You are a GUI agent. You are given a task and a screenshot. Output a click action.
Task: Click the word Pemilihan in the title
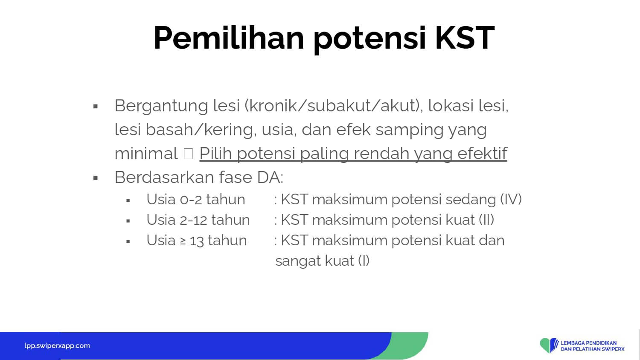[x=229, y=38]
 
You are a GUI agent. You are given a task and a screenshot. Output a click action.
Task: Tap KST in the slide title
[x=465, y=38]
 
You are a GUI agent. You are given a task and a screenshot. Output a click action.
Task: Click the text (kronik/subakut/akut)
[x=333, y=105]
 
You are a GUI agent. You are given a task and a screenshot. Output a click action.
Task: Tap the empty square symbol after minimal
[x=188, y=154]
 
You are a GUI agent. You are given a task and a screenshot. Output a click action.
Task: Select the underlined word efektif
[x=482, y=153]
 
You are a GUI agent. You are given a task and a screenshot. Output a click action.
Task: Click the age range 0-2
[x=191, y=200]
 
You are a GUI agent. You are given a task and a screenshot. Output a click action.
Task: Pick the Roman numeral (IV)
[x=511, y=199]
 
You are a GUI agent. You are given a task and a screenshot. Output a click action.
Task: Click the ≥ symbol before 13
[x=183, y=241]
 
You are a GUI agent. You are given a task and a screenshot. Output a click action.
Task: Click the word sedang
[x=470, y=200]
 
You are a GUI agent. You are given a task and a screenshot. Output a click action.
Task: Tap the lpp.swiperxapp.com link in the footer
[x=57, y=346]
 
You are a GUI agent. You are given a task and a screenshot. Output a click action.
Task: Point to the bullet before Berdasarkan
[x=96, y=178]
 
